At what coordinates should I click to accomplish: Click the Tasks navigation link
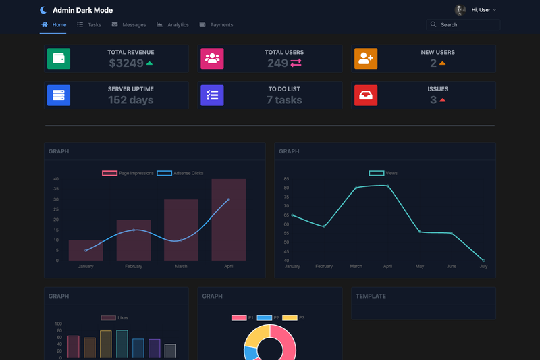coord(89,25)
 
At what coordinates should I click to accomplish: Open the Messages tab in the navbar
coord(129,25)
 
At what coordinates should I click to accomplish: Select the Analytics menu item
coord(173,25)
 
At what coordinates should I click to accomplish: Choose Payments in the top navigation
coord(216,25)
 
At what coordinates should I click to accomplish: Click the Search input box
coord(463,25)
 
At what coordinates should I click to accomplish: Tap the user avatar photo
coord(460,10)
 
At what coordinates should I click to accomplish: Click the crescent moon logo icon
coord(43,10)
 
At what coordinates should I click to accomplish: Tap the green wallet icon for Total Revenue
coord(59,59)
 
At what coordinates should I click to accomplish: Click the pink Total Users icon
coord(212,59)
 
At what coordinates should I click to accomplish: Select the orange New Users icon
coord(366,59)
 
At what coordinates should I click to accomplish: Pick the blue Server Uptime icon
coord(59,95)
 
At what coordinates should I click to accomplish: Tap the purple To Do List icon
coord(212,95)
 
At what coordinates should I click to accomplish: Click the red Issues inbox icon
coord(366,95)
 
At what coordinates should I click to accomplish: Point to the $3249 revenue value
coord(126,63)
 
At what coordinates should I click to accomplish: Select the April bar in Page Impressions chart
coord(229,220)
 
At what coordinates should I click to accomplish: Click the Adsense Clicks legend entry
coord(180,173)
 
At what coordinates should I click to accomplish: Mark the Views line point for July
coord(483,261)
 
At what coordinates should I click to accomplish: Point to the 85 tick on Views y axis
coord(286,179)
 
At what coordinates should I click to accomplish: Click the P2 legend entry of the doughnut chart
coord(268,318)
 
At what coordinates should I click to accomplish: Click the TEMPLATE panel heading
coord(371,296)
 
